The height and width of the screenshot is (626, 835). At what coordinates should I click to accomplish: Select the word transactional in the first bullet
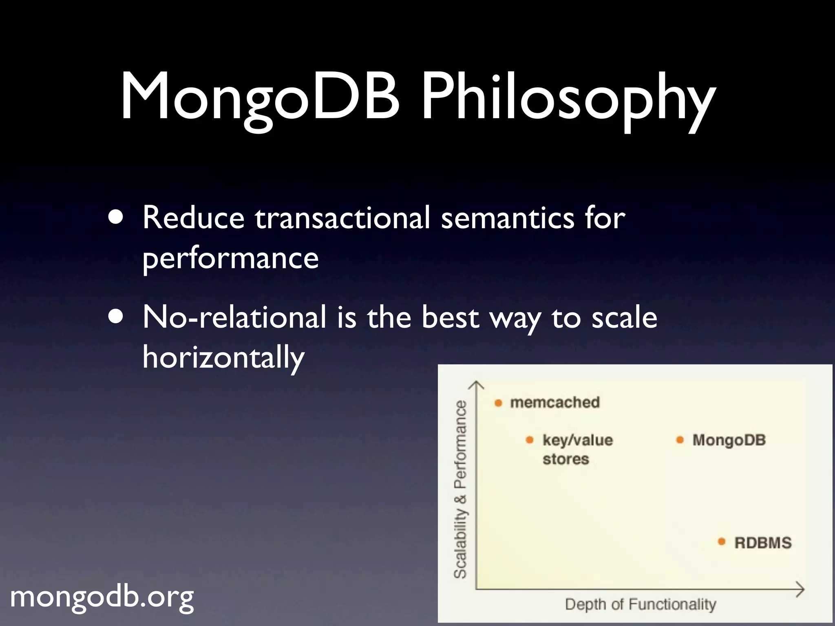point(342,218)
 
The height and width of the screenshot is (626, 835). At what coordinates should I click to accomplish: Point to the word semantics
point(507,218)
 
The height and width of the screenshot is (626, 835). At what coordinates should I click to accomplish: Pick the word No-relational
point(234,317)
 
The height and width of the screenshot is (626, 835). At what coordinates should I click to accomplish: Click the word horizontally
point(223,357)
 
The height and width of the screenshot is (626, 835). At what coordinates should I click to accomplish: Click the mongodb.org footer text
point(102,597)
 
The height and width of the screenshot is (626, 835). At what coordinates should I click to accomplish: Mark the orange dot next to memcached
point(498,403)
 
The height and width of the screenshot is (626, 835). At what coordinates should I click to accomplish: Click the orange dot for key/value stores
point(530,440)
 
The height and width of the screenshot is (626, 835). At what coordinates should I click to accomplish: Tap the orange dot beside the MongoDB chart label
point(680,440)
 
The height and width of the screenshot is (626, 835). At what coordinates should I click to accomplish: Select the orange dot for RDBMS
point(722,542)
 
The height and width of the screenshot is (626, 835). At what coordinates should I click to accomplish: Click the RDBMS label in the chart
point(762,543)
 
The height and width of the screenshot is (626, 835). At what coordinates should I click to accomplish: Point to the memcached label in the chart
point(555,403)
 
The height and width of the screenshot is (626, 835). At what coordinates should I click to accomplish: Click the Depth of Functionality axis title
point(640,604)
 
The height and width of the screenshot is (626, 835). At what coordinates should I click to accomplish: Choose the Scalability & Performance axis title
point(461,489)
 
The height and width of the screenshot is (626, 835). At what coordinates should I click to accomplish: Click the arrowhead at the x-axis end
point(801,589)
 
